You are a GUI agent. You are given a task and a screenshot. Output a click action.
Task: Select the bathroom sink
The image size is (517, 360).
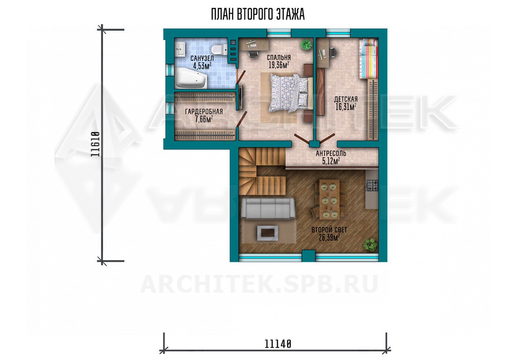180,49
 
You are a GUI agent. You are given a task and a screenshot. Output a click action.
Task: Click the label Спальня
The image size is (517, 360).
279,58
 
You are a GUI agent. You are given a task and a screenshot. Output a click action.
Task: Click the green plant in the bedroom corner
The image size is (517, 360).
306,44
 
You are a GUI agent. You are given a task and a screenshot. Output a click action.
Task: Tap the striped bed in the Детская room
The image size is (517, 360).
368,58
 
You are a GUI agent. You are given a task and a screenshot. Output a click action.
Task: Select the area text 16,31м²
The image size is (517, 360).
346,107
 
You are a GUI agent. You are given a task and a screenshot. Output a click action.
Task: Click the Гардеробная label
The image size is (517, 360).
204,112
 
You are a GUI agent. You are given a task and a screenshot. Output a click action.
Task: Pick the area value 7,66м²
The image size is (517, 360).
204,119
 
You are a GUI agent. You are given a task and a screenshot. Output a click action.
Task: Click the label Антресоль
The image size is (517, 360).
331,153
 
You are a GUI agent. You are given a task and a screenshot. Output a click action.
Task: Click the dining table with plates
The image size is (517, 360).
329,199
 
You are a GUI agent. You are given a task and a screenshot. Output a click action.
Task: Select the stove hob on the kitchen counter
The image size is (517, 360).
372,185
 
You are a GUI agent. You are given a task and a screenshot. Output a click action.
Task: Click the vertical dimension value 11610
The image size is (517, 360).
95,144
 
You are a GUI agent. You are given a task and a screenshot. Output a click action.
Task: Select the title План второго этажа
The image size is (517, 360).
258,14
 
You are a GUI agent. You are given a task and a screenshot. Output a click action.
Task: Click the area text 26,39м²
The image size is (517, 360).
329,237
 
